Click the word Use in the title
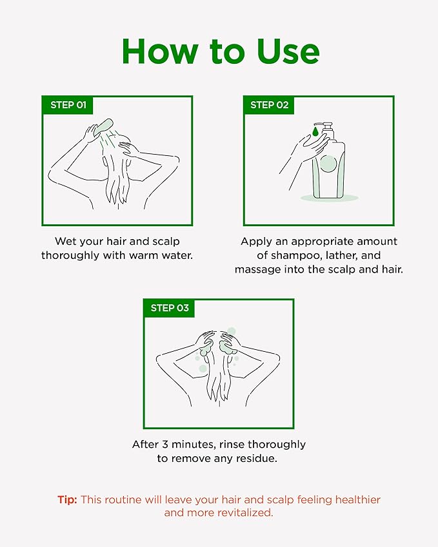tap(288, 52)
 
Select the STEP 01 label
tap(68, 105)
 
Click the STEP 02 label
tap(269, 105)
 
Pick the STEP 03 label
tap(170, 308)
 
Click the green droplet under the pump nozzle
tap(315, 131)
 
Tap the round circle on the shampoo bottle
tap(328, 164)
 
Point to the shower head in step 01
tap(104, 126)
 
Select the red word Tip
tap(68, 499)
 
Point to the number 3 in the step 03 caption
tap(165, 445)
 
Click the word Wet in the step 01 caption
tap(65, 242)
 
